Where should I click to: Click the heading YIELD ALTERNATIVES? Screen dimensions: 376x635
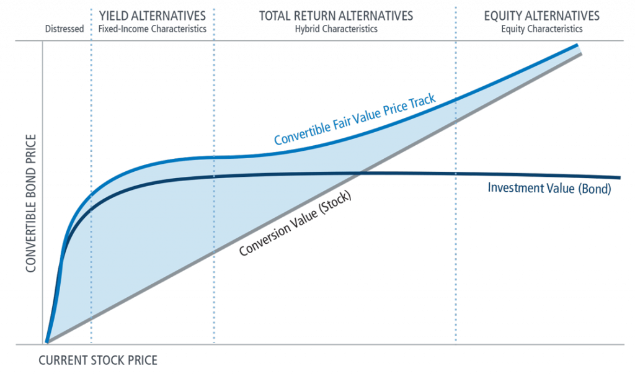coord(152,15)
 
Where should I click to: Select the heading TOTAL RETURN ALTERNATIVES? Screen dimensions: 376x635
coord(336,15)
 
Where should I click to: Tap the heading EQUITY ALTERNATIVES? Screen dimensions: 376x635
coord(542,15)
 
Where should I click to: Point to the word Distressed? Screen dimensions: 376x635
coord(64,29)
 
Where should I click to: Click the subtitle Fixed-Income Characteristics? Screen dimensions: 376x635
coord(152,29)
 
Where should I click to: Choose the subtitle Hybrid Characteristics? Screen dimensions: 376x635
coord(336,29)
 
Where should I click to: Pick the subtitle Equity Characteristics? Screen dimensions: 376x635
coord(542,29)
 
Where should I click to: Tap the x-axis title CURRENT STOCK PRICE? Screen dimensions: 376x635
coord(98,360)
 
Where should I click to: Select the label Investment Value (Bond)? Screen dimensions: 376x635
coord(549,189)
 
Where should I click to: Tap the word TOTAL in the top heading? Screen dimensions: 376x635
coord(273,15)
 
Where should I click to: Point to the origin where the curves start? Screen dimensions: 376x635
coord(47,342)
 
